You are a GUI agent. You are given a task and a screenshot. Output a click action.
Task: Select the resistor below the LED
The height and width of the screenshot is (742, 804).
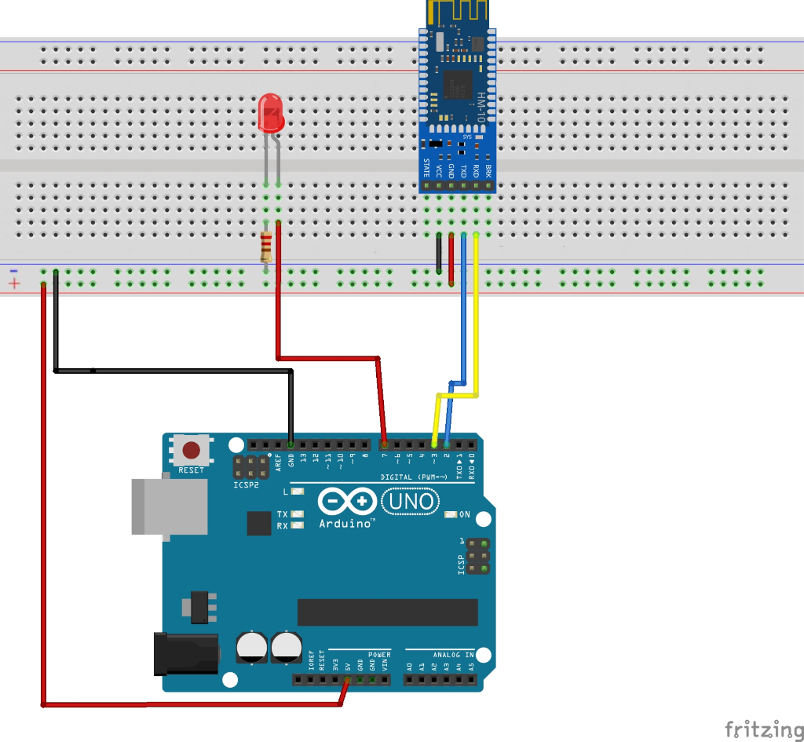pos(266,247)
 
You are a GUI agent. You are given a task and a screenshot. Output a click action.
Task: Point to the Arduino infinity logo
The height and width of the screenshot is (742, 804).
pos(347,501)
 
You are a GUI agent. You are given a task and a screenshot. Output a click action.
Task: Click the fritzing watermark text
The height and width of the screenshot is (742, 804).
pos(757,729)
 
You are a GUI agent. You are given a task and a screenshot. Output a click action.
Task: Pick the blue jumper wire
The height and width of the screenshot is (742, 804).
pos(463,314)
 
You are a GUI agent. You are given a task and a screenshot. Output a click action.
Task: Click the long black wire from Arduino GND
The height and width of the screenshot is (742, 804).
pos(173,370)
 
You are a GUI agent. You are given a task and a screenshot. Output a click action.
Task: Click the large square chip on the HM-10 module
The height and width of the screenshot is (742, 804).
pos(459,85)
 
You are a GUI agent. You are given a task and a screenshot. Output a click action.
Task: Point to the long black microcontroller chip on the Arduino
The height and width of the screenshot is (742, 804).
pos(387,612)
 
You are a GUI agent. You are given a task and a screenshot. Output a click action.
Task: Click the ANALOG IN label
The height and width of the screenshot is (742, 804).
pos(453,654)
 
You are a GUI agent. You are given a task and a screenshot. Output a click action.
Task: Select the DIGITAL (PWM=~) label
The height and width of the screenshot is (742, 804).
pos(414,477)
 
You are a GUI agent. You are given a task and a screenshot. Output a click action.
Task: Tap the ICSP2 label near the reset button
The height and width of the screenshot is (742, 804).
pos(244,484)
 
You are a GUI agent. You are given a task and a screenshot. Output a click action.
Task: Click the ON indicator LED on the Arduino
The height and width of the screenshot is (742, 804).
pos(450,515)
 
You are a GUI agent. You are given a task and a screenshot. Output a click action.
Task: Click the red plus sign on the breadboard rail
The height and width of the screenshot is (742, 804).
pos(13,283)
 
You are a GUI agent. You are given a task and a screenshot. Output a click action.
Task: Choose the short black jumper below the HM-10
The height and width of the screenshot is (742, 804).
pos(438,253)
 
